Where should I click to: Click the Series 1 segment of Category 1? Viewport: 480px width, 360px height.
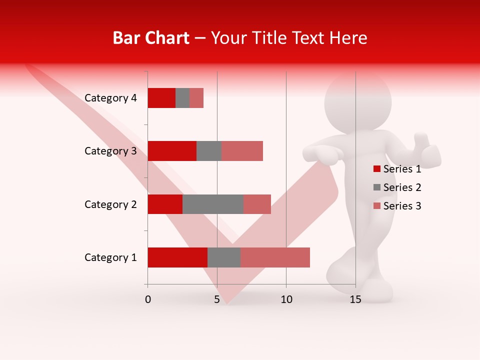pyautogui.click(x=177, y=257)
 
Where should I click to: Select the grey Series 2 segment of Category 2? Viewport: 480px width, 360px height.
pyautogui.click(x=213, y=204)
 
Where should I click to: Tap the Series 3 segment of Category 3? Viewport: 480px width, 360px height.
pyautogui.click(x=242, y=151)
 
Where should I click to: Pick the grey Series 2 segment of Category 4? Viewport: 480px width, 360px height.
pyautogui.click(x=182, y=98)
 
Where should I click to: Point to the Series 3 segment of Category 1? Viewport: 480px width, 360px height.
pyautogui.click(x=275, y=257)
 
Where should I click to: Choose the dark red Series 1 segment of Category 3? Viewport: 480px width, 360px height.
pyautogui.click(x=172, y=151)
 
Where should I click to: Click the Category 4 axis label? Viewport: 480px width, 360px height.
pyautogui.click(x=110, y=98)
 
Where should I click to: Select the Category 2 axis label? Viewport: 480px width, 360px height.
pyautogui.click(x=110, y=204)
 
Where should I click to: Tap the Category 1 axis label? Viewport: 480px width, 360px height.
pyautogui.click(x=110, y=257)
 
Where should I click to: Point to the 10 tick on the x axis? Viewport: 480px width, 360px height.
pyautogui.click(x=286, y=299)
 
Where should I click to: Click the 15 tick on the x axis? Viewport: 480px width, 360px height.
pyautogui.click(x=355, y=299)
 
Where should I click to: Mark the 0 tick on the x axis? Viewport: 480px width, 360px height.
pyautogui.click(x=148, y=299)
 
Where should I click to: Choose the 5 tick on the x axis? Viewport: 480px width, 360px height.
pyautogui.click(x=217, y=299)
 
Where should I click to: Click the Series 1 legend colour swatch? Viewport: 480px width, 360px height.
pyautogui.click(x=376, y=169)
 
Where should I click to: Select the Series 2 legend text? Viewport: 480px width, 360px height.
pyautogui.click(x=402, y=187)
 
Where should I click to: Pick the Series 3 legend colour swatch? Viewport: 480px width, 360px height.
pyautogui.click(x=376, y=206)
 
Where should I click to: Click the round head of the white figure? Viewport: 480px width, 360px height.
pyautogui.click(x=357, y=102)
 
